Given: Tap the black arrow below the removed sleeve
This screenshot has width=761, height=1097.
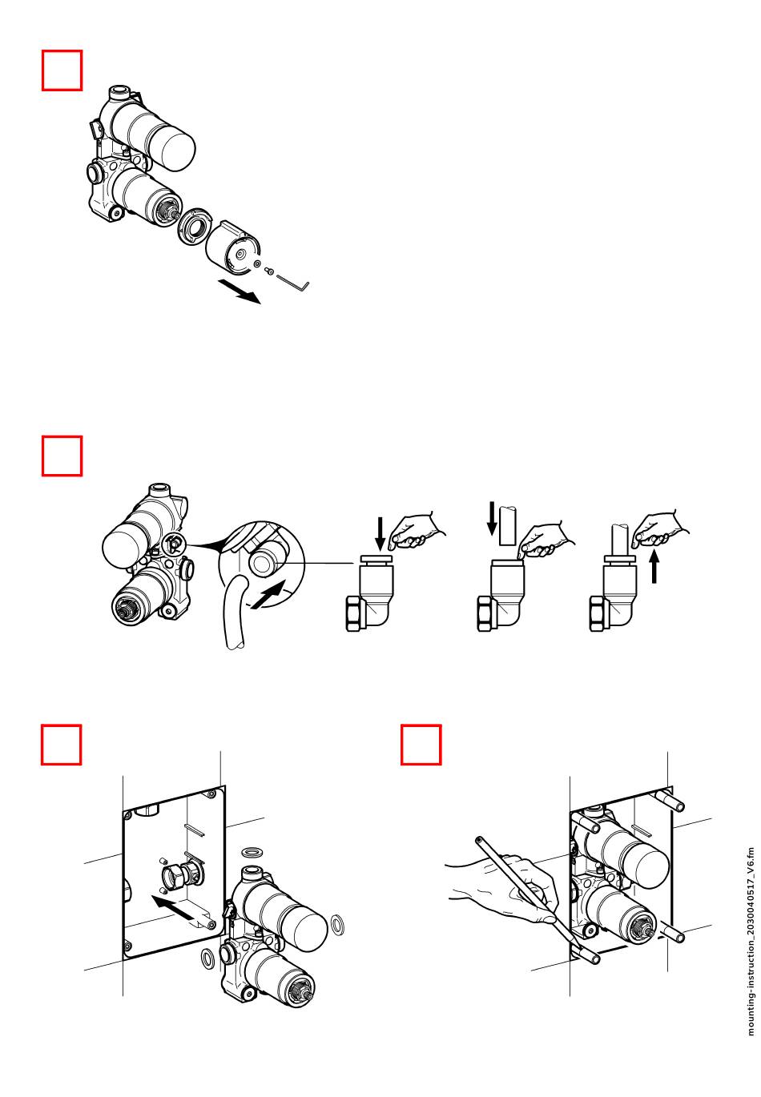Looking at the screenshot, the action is [240, 291].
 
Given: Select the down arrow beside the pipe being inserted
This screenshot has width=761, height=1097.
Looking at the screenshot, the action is [493, 520].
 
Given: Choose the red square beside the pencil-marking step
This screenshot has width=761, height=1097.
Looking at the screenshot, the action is [421, 745].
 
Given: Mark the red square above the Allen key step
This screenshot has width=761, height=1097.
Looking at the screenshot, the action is [62, 70].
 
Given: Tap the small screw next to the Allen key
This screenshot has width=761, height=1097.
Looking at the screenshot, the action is [272, 272].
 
